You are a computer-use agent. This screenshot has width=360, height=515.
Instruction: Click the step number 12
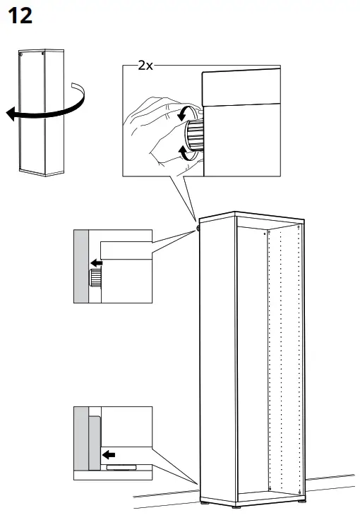pos(20,16)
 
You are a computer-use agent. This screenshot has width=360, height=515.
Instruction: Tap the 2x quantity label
pos(145,65)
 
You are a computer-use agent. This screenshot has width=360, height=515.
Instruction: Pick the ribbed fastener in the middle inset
pos(95,278)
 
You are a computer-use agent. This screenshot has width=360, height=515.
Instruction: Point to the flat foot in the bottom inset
pos(121,466)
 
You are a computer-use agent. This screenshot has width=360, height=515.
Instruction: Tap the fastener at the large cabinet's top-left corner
pos(198,227)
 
